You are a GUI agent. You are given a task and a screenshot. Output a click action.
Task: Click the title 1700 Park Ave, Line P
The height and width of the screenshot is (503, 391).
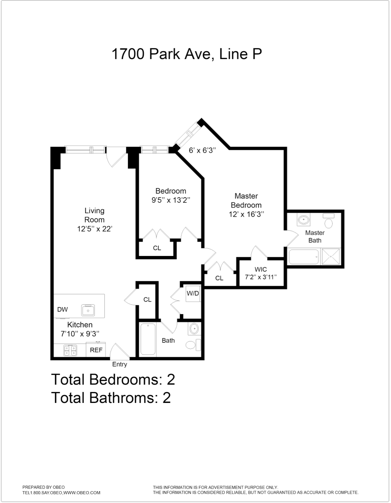(x=187, y=54)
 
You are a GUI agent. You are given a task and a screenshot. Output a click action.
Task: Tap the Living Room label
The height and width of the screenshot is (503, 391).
(x=94, y=215)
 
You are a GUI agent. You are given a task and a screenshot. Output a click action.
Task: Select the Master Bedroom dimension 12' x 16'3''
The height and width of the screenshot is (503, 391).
(x=246, y=214)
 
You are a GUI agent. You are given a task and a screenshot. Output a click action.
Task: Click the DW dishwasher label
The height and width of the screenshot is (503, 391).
(x=62, y=310)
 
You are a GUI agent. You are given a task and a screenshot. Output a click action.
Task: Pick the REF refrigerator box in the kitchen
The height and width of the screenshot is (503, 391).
(x=96, y=350)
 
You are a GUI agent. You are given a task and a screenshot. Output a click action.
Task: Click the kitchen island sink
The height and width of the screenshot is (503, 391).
(x=88, y=311)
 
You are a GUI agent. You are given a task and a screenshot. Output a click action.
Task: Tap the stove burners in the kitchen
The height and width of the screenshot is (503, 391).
(x=70, y=350)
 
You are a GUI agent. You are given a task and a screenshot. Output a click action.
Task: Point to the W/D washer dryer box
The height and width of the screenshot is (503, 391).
(x=193, y=293)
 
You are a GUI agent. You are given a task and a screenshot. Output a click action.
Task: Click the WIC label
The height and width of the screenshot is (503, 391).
(x=261, y=269)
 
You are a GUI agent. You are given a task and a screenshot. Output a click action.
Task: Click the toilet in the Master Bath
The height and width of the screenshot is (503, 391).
(x=329, y=223)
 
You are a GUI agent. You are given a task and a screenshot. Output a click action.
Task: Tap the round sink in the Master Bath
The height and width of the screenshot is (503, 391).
(x=304, y=221)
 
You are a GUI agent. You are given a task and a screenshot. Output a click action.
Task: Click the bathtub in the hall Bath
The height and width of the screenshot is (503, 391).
(x=147, y=339)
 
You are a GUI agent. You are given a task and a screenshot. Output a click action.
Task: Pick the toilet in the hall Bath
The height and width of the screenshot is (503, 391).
(x=191, y=345)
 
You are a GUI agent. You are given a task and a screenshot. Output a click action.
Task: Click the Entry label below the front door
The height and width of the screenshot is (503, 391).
(x=119, y=365)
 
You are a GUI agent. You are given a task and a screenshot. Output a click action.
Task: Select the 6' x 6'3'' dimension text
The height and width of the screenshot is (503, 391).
(x=202, y=150)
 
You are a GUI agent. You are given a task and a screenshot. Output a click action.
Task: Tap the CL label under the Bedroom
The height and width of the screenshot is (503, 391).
(x=157, y=248)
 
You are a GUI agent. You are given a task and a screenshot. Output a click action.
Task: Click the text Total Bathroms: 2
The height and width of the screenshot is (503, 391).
(x=111, y=397)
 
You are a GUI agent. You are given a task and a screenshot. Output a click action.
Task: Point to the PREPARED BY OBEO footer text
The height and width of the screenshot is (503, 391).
(x=44, y=487)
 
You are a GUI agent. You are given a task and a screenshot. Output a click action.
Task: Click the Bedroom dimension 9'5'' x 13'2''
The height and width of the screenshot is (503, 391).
(x=171, y=200)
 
